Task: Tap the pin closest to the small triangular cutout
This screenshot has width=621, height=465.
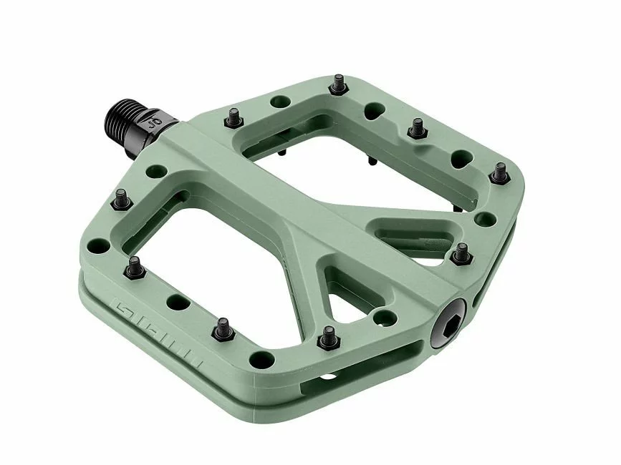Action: pyautogui.click(x=327, y=333)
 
